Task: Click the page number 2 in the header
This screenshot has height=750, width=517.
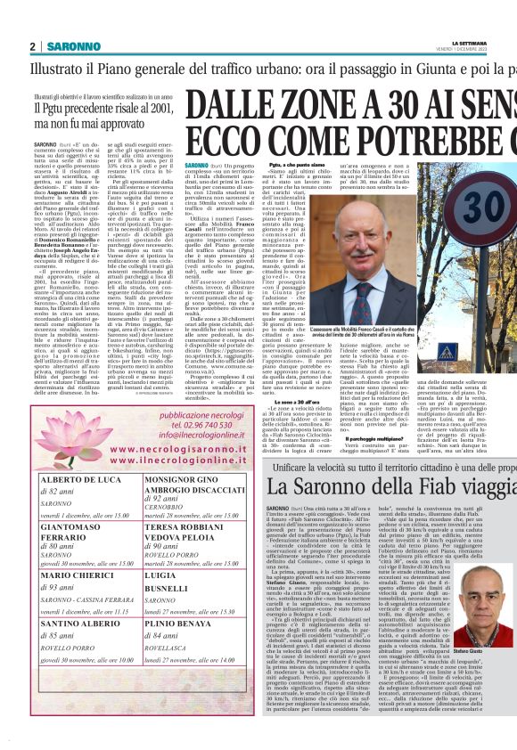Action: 33,45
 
